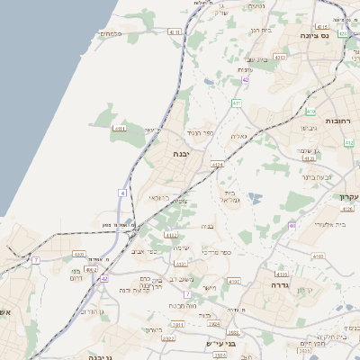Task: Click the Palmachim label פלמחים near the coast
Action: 111,33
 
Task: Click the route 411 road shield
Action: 236,103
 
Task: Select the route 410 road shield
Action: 310,112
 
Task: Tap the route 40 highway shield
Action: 292,225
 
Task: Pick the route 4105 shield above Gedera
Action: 282,274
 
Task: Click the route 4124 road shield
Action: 217,165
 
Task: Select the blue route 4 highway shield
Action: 121,193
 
